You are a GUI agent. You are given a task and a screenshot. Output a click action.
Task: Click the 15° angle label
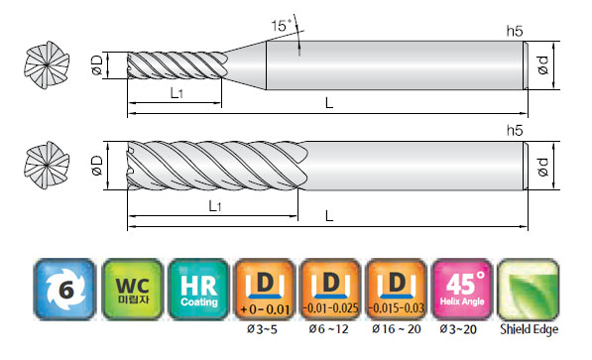[x=282, y=26]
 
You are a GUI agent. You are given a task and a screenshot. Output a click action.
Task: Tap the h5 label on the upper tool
[x=515, y=32]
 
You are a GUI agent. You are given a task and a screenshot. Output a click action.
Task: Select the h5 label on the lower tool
[x=515, y=130]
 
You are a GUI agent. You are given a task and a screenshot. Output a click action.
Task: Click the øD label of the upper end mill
[x=97, y=65]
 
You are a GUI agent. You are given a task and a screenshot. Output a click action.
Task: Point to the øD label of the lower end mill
[x=97, y=166]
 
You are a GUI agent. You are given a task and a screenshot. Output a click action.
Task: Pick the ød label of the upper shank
[x=543, y=65]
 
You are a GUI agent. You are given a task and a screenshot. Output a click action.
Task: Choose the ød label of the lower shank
[x=543, y=167]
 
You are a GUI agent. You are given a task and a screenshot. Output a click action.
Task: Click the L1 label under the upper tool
[x=177, y=92]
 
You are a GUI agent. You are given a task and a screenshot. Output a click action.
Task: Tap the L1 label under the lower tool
[x=215, y=206]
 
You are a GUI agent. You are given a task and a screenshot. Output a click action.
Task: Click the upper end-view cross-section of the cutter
[x=47, y=65]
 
